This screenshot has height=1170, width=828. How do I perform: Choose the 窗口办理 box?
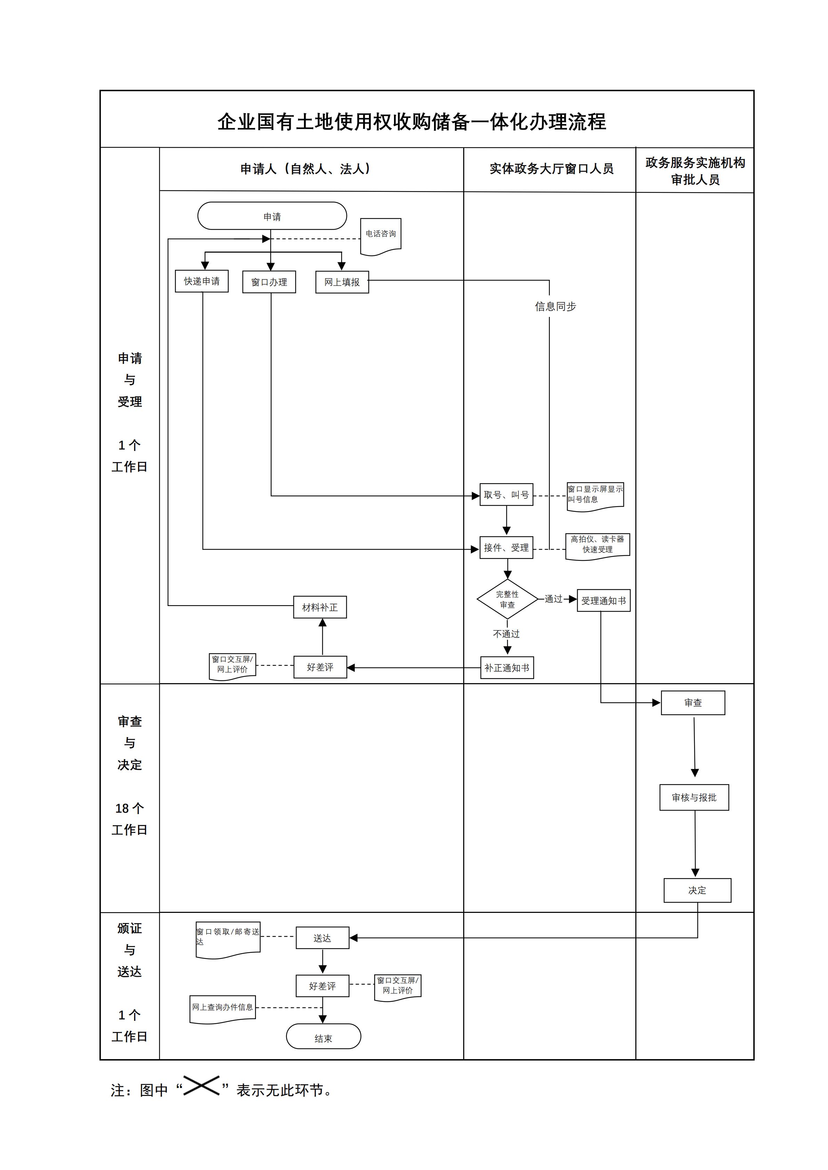pyautogui.click(x=269, y=282)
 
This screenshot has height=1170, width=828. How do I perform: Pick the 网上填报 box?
pyautogui.click(x=342, y=282)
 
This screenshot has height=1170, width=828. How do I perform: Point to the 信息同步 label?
pyautogui.click(x=555, y=306)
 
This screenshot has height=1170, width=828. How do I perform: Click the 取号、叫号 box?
pyautogui.click(x=506, y=495)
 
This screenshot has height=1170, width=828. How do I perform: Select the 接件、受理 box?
pyautogui.click(x=506, y=548)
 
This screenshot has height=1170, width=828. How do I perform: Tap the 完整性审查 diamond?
pyautogui.click(x=507, y=599)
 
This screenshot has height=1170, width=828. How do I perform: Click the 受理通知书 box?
pyautogui.click(x=604, y=601)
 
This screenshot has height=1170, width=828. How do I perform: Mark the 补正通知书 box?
pyautogui.click(x=507, y=668)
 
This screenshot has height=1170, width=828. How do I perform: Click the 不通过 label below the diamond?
pyautogui.click(x=506, y=634)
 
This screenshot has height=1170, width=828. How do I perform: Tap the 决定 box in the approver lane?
pyautogui.click(x=697, y=890)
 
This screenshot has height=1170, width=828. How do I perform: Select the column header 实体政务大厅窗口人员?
pyautogui.click(x=551, y=169)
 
